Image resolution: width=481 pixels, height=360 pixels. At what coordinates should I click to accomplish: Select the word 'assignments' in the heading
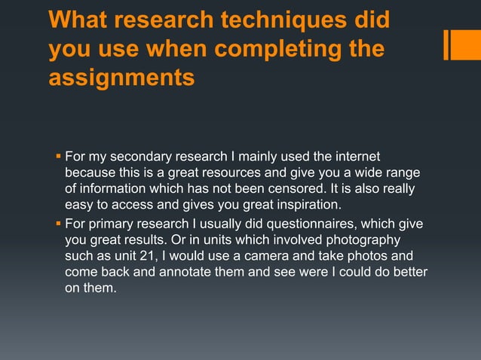[121, 77]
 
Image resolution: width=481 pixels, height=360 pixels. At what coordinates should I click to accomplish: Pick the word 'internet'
[352, 157]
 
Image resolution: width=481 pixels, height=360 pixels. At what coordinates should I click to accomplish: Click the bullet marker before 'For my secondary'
[58, 157]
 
